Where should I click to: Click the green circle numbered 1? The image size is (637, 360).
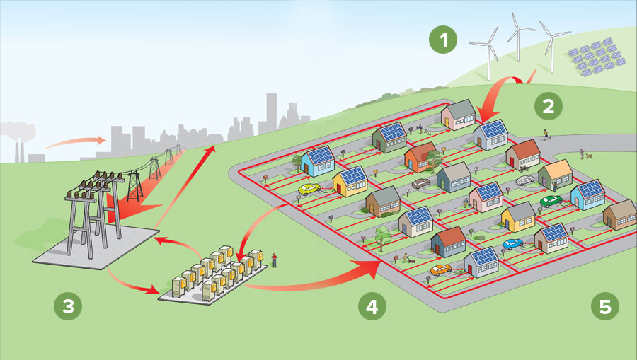[x=444, y=40]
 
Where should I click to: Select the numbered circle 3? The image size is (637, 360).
[x=69, y=306]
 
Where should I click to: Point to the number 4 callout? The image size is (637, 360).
[x=373, y=306]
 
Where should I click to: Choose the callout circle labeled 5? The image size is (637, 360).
[x=604, y=306]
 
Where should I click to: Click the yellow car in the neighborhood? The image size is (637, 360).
[x=309, y=190]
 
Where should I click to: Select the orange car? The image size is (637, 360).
[x=440, y=269]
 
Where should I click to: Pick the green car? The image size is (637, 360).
[x=551, y=201]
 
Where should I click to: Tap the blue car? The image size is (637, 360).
[x=512, y=244]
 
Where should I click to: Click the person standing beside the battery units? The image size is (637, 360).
[x=274, y=260]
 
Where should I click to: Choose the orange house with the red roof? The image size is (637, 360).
[x=420, y=156]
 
